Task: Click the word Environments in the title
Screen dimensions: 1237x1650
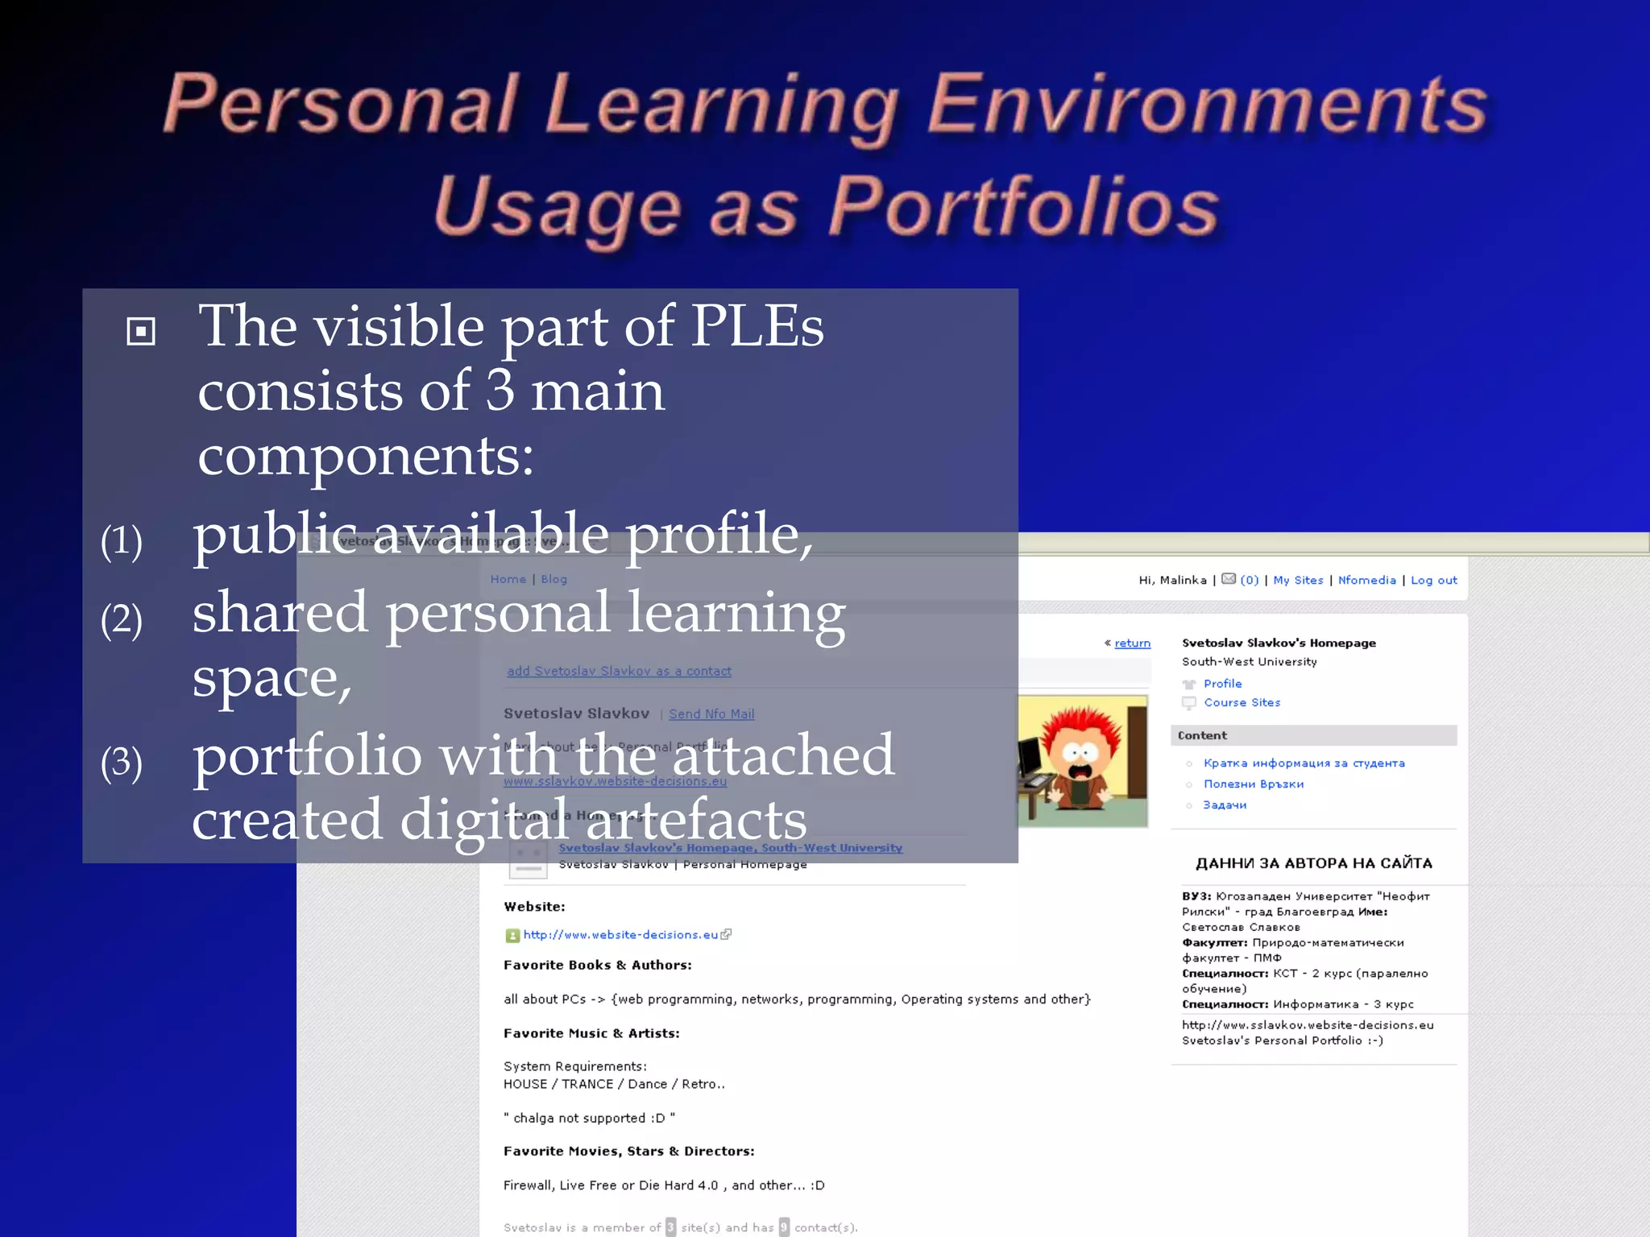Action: tap(1207, 105)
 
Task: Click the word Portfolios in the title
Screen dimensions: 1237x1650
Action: tap(1024, 206)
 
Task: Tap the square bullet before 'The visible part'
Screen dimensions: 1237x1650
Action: tap(141, 331)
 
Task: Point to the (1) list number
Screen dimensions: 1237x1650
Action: tap(122, 540)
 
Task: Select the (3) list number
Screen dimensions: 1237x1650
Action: tap(122, 762)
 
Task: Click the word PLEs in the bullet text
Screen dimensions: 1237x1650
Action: tap(757, 326)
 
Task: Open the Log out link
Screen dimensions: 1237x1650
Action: tap(1433, 580)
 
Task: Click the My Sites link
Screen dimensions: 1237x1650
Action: tap(1298, 580)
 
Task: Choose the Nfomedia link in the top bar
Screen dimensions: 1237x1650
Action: tap(1366, 580)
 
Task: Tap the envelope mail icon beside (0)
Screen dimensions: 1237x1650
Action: tap(1229, 579)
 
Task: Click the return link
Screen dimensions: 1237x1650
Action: tap(1132, 643)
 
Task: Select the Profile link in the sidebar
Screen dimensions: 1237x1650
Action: tap(1222, 684)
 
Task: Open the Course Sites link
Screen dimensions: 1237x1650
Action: tap(1242, 702)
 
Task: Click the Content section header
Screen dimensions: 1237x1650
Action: tap(1202, 735)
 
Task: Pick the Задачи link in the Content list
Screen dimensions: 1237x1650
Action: tap(1225, 805)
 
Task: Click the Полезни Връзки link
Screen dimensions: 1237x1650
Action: tap(1253, 784)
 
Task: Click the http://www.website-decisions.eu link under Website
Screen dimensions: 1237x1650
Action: tap(620, 934)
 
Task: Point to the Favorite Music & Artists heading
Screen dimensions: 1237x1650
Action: tap(591, 1033)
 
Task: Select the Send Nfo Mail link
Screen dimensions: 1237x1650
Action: tap(711, 714)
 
